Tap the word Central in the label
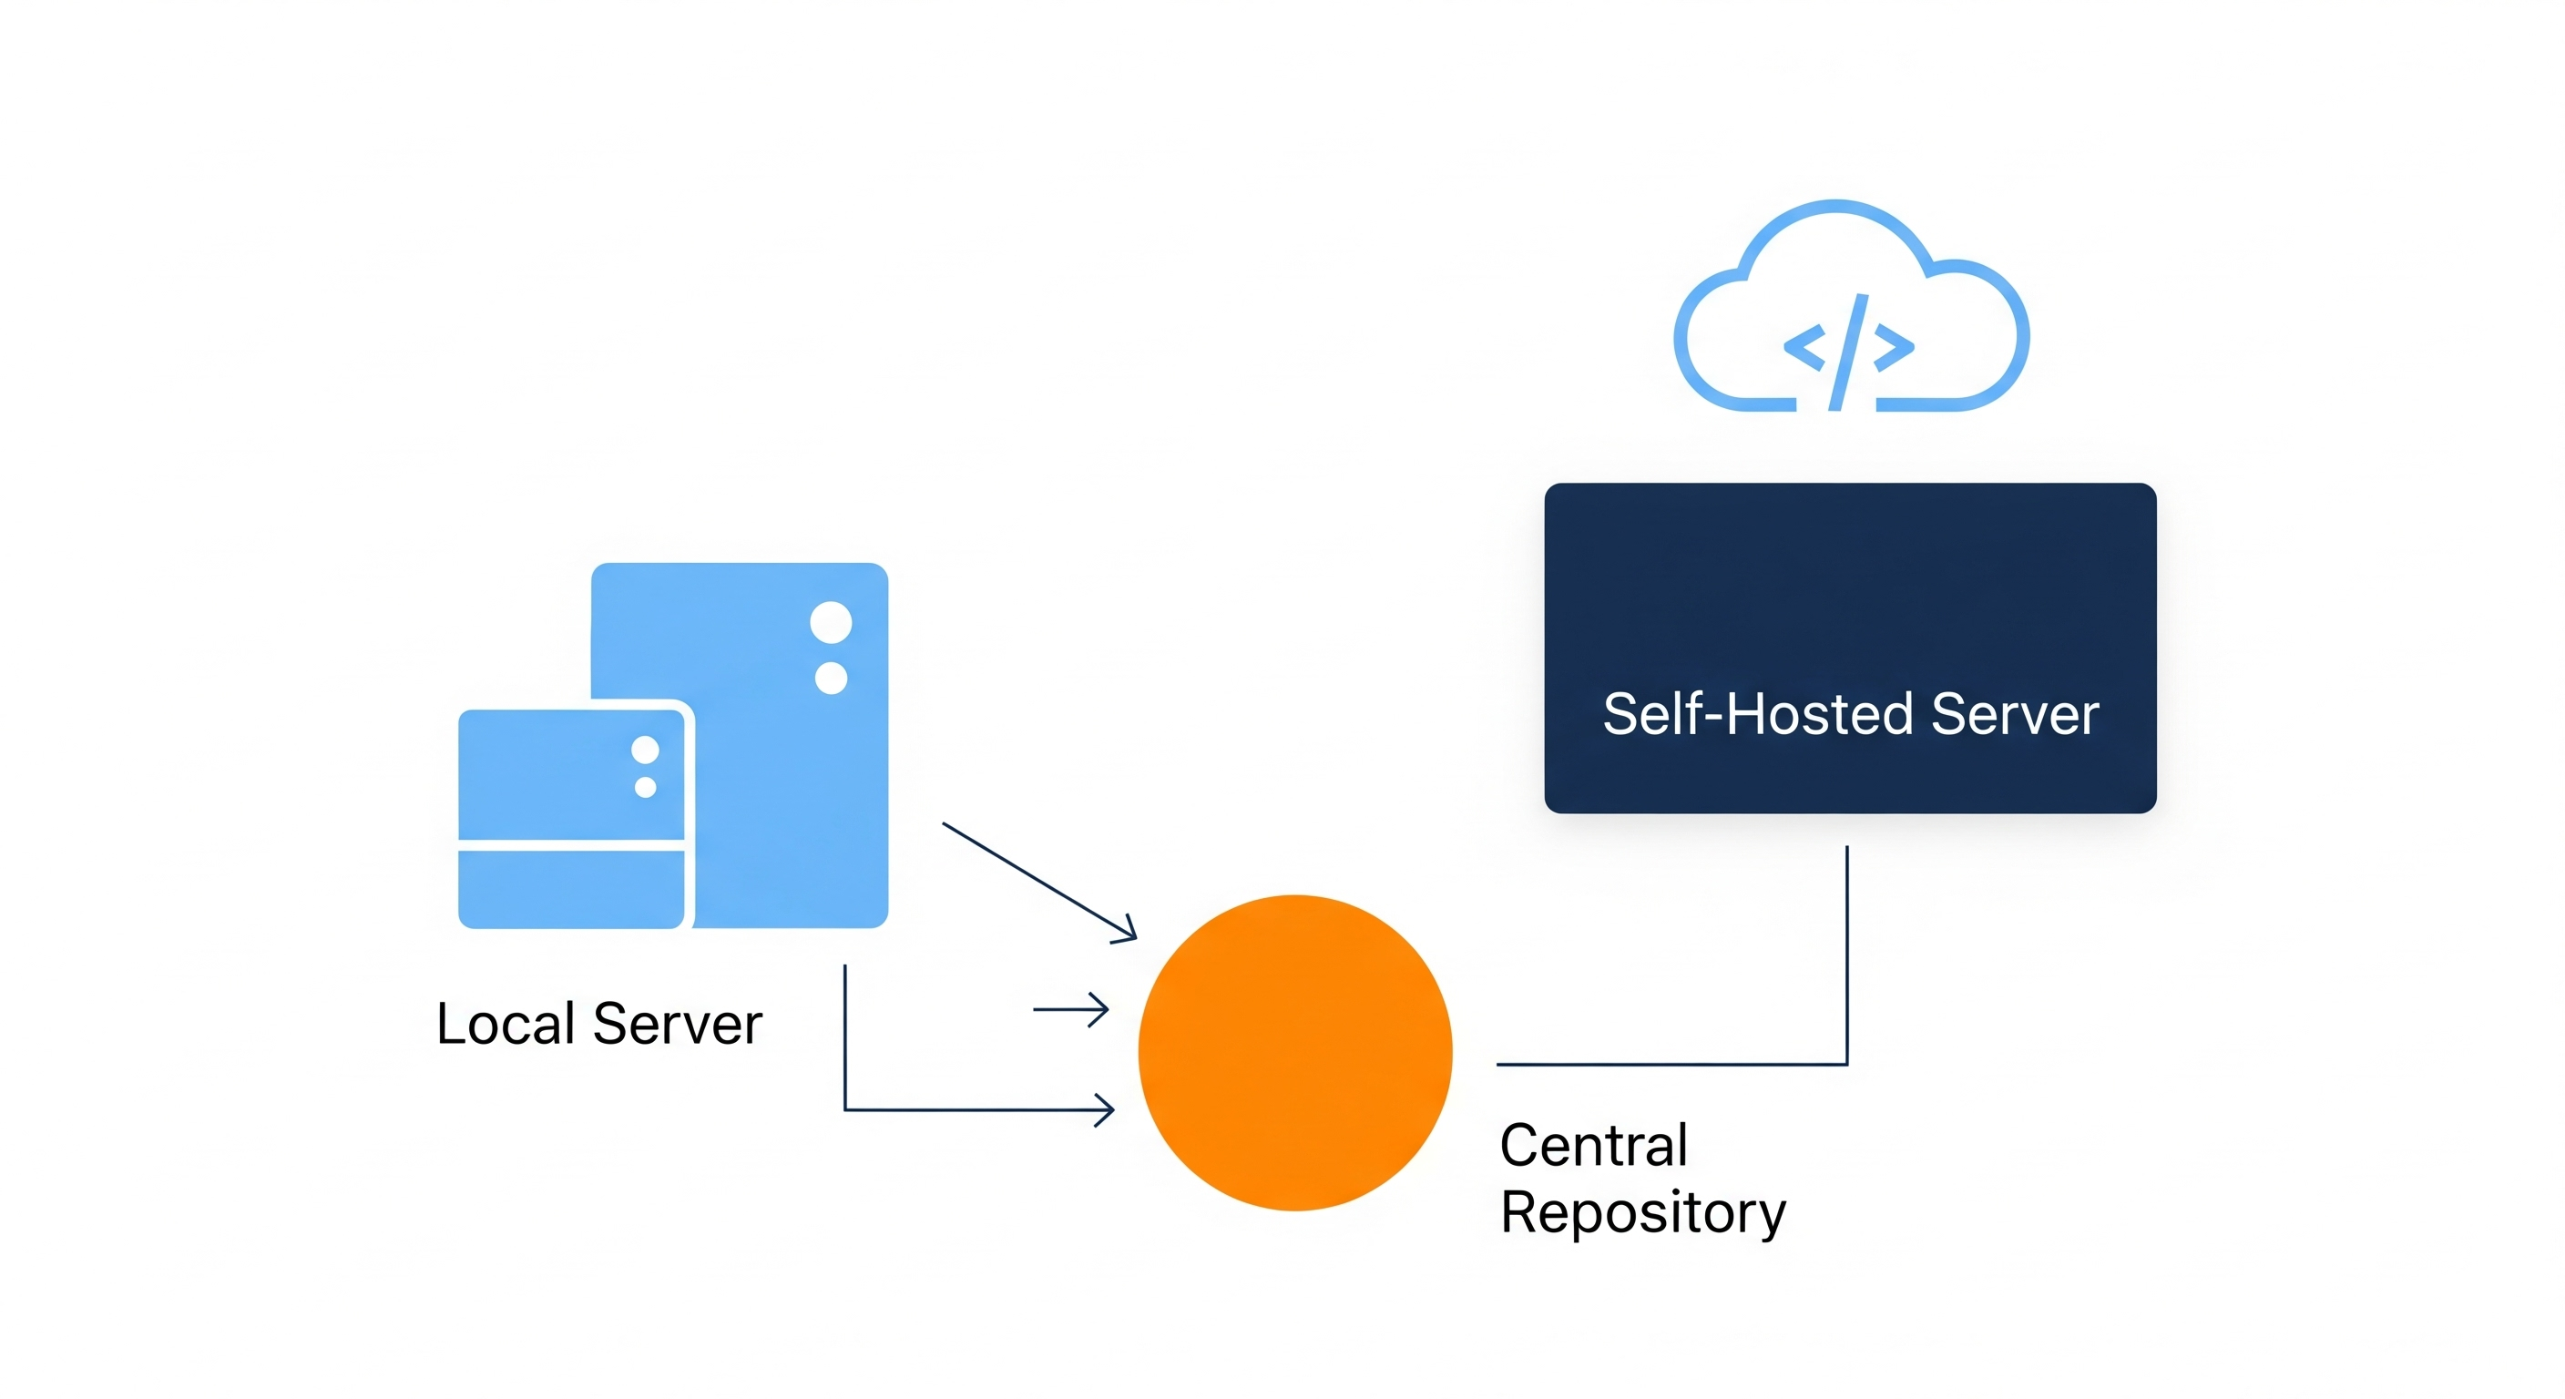[1593, 1145]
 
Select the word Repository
[1643, 1213]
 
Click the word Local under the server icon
[506, 1024]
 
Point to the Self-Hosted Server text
[1850, 714]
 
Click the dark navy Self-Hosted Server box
[1850, 587]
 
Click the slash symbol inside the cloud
[1848, 352]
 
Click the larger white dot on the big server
[831, 622]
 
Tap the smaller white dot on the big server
[831, 678]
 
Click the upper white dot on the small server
[645, 750]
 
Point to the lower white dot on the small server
[645, 788]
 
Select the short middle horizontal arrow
[1071, 1010]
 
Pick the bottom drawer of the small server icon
[570, 889]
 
